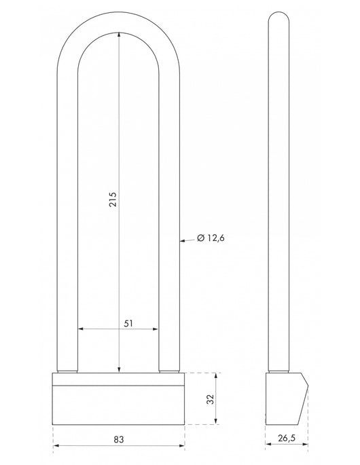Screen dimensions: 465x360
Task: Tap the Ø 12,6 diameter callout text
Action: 213,238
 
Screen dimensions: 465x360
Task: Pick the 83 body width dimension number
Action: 118,439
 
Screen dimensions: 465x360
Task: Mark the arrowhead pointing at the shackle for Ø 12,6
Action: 182,238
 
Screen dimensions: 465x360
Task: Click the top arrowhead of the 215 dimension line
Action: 119,38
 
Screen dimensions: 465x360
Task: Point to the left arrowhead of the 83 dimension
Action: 56,446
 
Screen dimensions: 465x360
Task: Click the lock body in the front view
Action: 118,401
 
